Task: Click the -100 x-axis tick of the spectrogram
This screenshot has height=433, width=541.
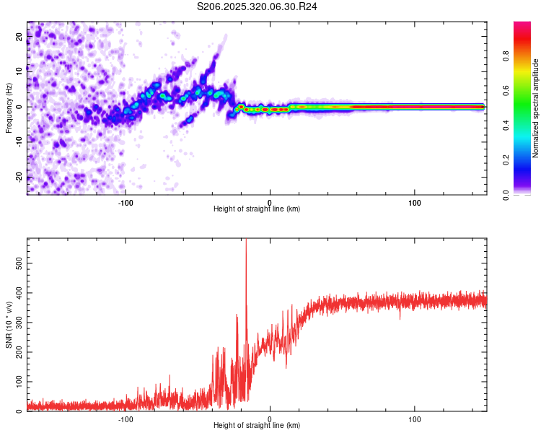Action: [x=126, y=202]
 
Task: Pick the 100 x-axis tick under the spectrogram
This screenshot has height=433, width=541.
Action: [x=415, y=202]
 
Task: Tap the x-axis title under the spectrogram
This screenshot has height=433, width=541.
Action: [x=257, y=209]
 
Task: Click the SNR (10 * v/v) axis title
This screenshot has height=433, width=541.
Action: [x=9, y=325]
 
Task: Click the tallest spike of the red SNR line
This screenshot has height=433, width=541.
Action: [x=246, y=241]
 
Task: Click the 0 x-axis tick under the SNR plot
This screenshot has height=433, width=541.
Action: [x=270, y=419]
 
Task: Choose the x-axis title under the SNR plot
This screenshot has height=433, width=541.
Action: [x=257, y=426]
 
